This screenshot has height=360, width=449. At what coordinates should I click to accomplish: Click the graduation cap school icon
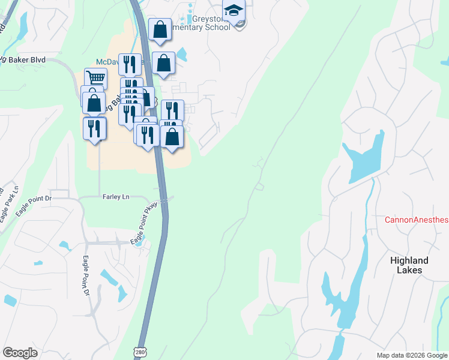233,11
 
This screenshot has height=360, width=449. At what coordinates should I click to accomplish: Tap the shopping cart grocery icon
95,77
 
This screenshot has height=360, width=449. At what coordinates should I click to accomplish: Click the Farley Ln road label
116,196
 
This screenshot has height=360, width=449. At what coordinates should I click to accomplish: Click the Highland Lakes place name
409,265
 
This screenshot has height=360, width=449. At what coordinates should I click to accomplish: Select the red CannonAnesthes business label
416,220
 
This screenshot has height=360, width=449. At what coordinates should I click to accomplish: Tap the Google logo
20,353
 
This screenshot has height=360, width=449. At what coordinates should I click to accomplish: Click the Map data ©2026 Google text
412,355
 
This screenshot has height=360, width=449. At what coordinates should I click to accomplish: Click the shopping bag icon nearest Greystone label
160,29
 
